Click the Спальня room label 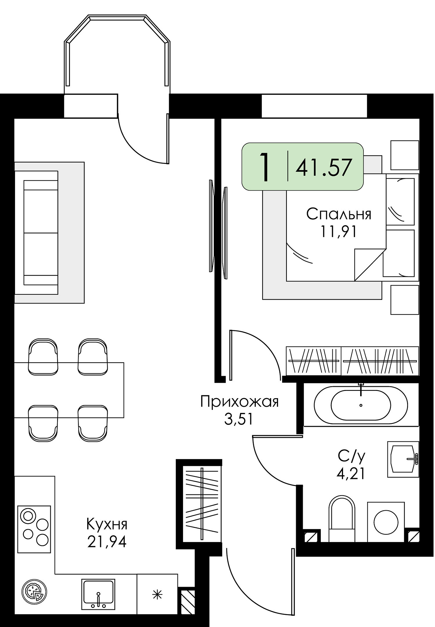click(x=339, y=214)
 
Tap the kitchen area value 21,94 click(x=107, y=541)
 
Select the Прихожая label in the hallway click(x=239, y=402)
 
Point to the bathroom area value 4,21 click(x=351, y=474)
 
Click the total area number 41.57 click(x=324, y=167)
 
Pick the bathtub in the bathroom click(x=361, y=405)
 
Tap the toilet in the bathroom click(x=342, y=519)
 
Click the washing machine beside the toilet click(x=386, y=522)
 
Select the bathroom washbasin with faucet click(x=403, y=459)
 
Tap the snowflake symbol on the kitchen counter click(x=157, y=594)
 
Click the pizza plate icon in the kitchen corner click(x=34, y=592)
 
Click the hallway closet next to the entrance click(x=202, y=504)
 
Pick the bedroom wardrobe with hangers click(x=352, y=361)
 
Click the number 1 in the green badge click(x=265, y=167)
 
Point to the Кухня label click(x=107, y=524)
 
